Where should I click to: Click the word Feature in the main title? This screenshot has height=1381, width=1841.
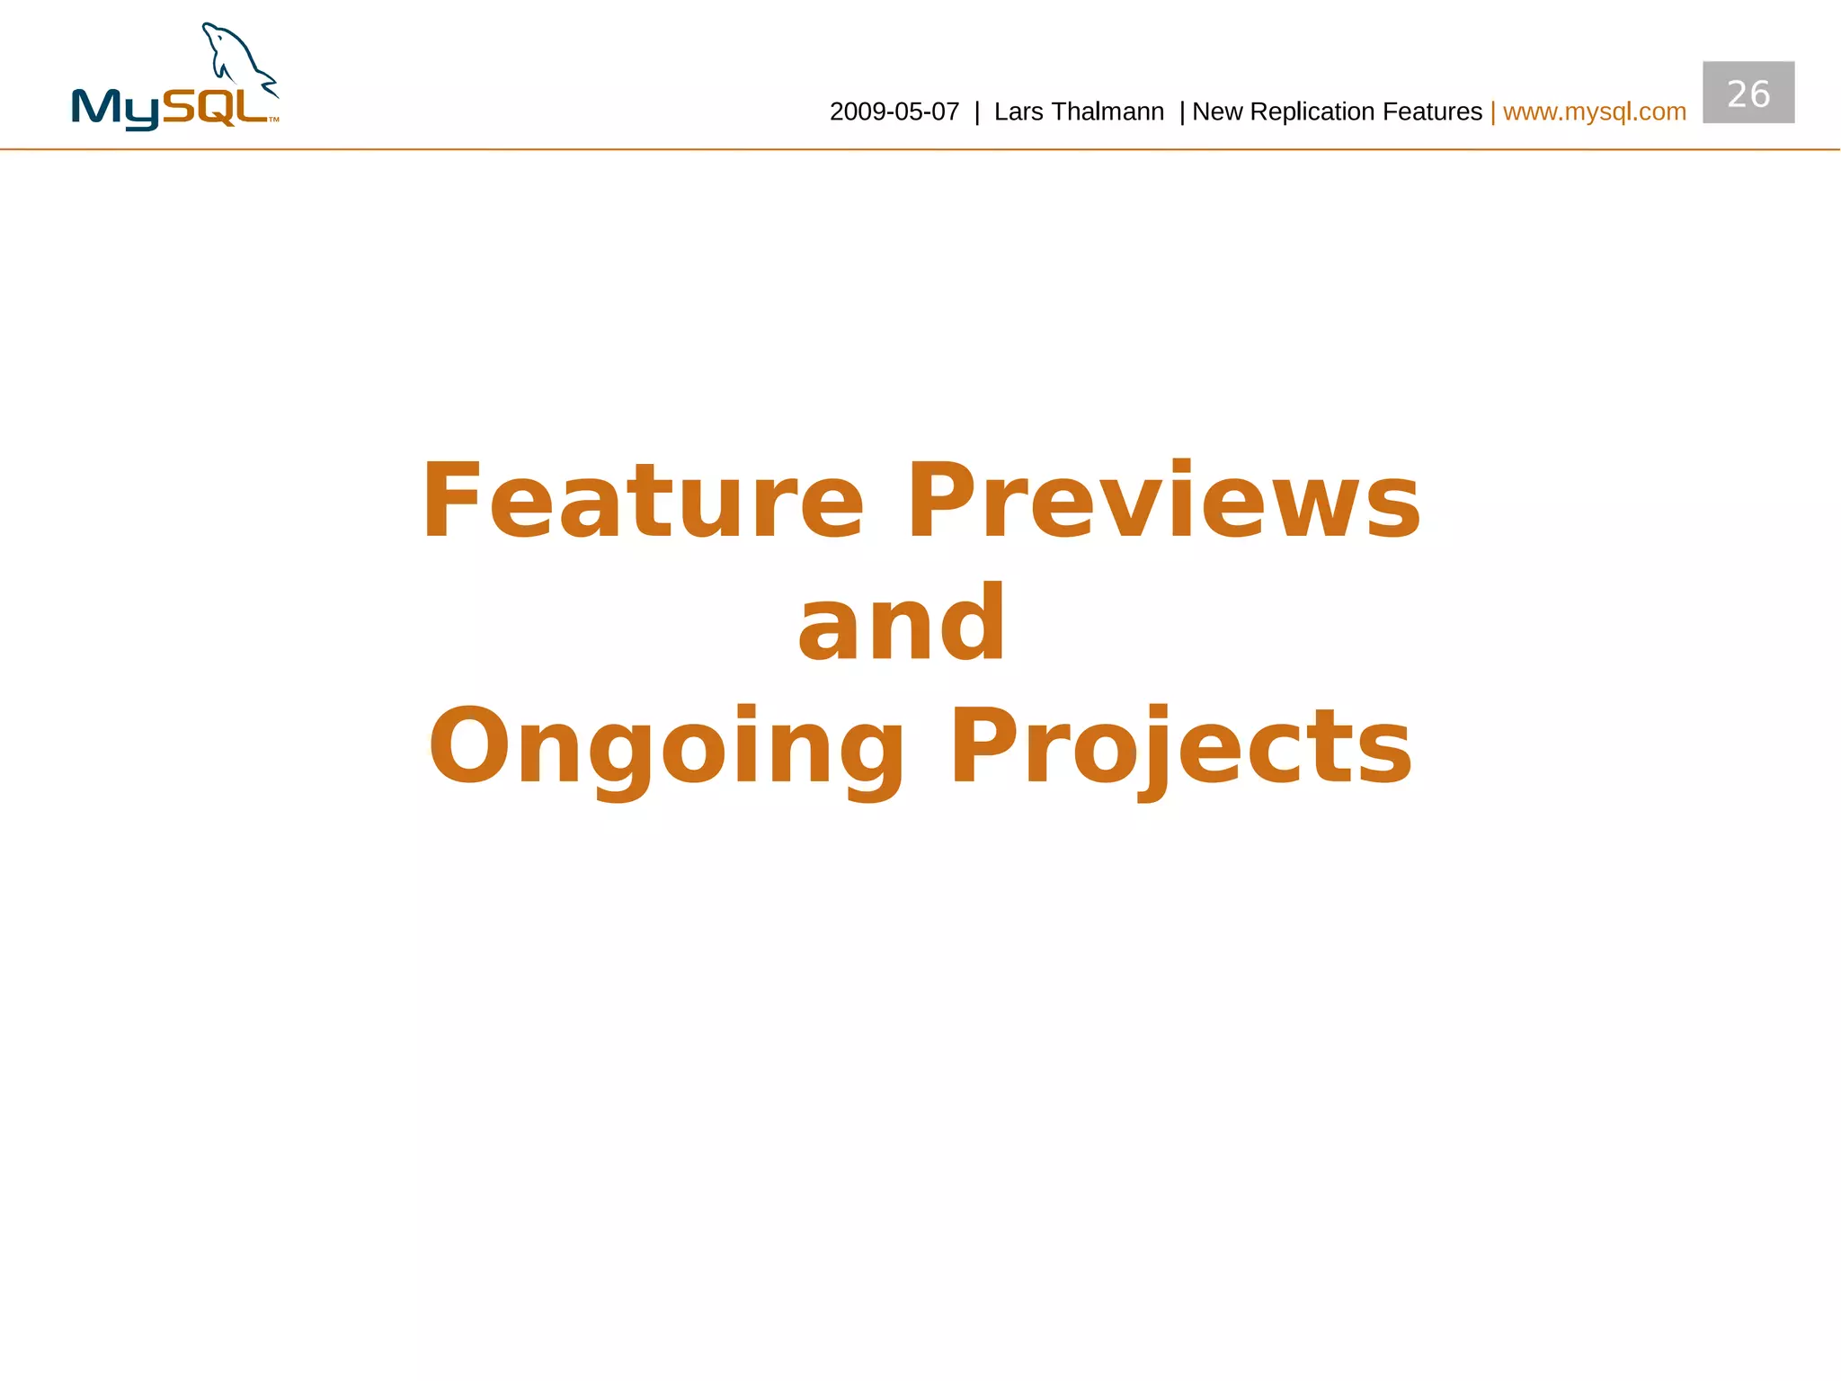[x=642, y=501]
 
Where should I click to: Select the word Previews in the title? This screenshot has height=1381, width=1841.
[x=1164, y=501]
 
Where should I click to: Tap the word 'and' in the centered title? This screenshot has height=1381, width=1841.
[x=902, y=623]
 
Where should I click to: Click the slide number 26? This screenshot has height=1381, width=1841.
[x=1748, y=94]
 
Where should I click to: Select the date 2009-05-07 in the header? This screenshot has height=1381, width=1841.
[x=894, y=112]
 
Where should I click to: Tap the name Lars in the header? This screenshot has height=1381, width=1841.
[x=1018, y=112]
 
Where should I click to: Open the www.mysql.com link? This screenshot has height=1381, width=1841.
[x=1594, y=112]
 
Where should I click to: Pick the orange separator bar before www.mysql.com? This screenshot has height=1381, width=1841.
[x=1492, y=112]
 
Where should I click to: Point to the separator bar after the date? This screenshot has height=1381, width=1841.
[x=977, y=112]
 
